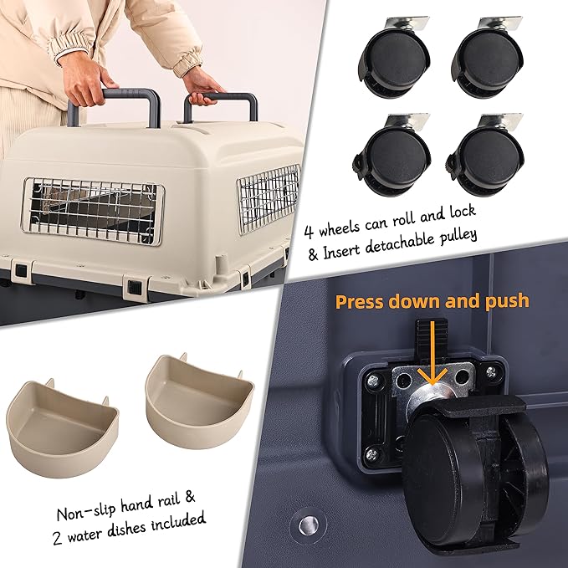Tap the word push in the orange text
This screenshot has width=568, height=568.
504,299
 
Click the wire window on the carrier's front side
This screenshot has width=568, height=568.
93,209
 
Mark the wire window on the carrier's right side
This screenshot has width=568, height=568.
269,197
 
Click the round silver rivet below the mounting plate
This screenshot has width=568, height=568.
306,525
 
